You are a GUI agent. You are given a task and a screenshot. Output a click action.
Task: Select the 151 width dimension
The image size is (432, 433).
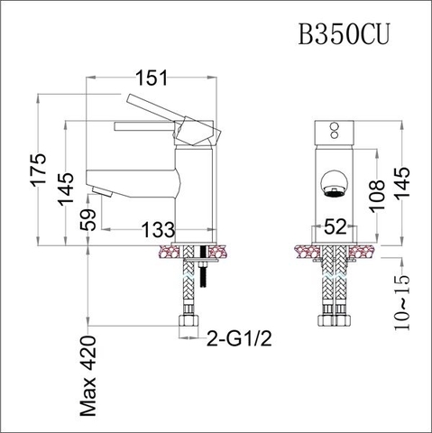[153, 80]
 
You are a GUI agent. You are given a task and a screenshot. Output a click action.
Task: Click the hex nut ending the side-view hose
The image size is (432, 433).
[189, 325]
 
